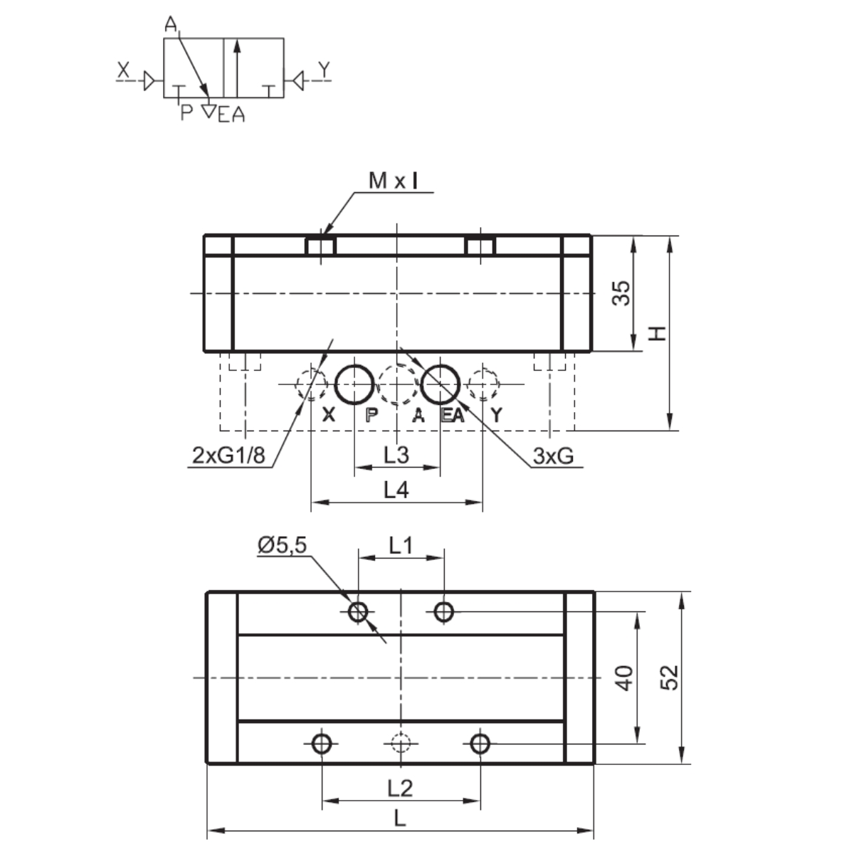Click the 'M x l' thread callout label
[x=393, y=180]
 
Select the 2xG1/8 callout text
[x=228, y=455]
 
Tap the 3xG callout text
[x=553, y=455]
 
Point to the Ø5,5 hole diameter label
[x=283, y=545]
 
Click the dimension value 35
[x=621, y=293]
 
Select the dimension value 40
[x=626, y=678]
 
